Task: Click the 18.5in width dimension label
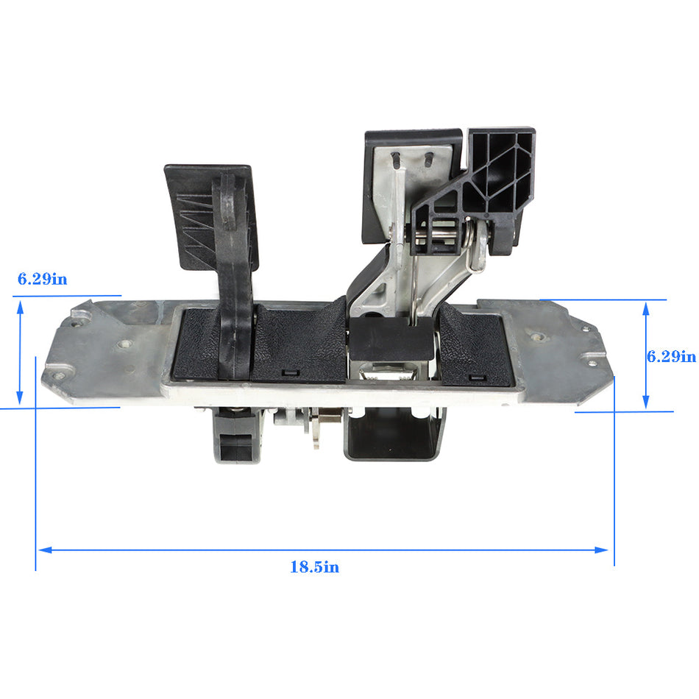click(x=314, y=567)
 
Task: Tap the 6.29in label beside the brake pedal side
click(x=671, y=356)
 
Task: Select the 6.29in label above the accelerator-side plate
click(x=43, y=279)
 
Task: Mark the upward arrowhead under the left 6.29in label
click(x=20, y=308)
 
